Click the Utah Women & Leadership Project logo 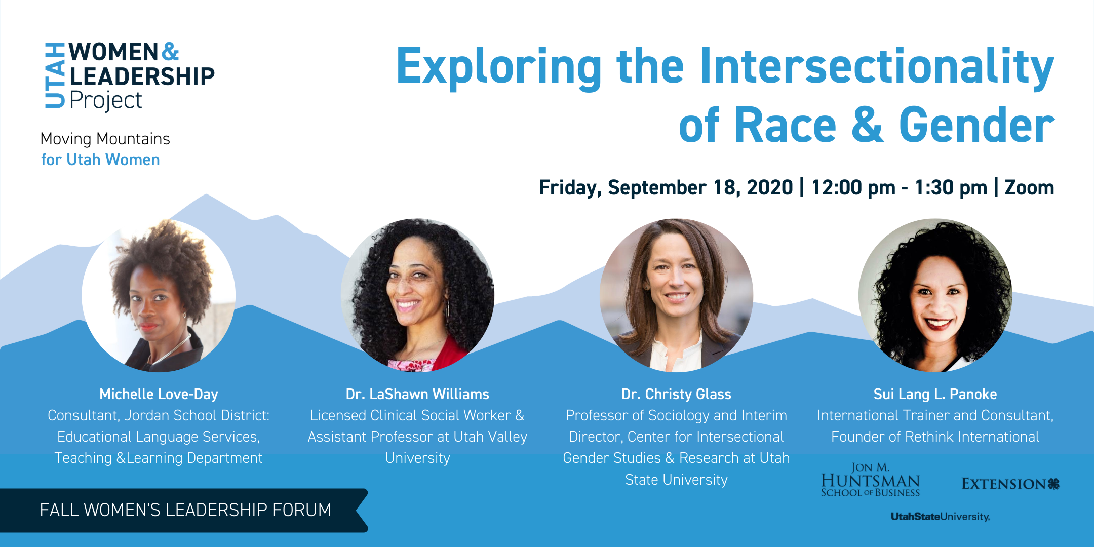(130, 76)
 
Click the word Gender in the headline (977, 125)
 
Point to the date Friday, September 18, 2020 (666, 188)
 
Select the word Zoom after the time (1029, 187)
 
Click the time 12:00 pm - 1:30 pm (899, 188)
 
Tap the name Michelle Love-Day (159, 394)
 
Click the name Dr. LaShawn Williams (417, 394)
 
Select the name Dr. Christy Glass (676, 394)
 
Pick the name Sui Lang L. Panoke (935, 394)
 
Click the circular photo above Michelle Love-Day (159, 295)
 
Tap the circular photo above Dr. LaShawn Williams (417, 295)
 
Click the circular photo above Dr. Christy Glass (676, 295)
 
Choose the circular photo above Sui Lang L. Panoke (935, 295)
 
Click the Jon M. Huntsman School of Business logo (870, 480)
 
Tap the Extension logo (1010, 484)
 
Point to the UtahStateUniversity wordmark (941, 517)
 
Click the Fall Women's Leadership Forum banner (184, 510)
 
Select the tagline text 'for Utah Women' (100, 160)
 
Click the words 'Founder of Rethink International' (935, 437)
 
